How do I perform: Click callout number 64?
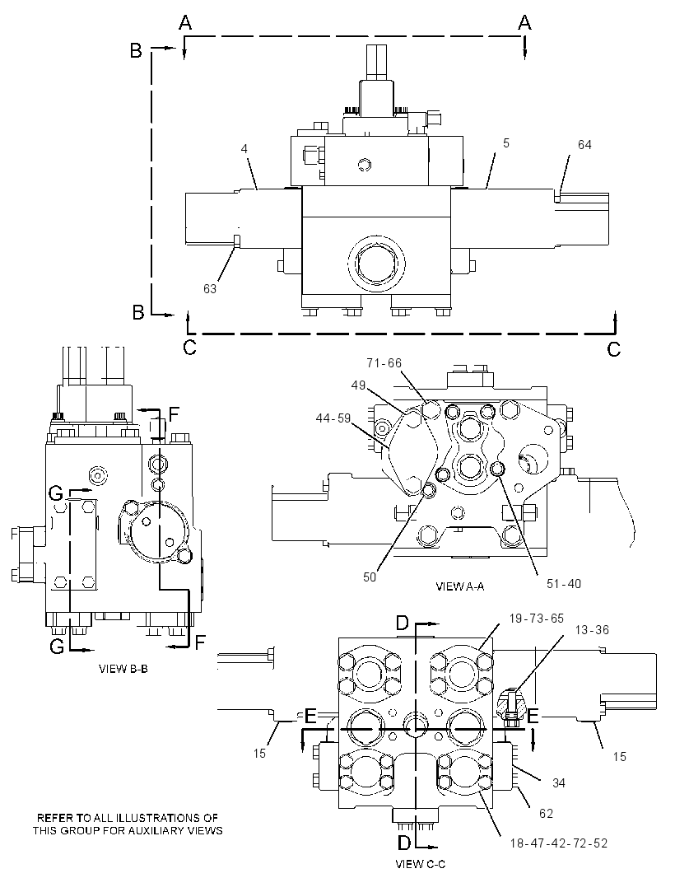[584, 145]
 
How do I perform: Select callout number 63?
[210, 289]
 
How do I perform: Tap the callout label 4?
[244, 149]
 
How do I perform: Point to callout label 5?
[506, 143]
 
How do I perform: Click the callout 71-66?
[384, 363]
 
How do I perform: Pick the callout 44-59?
[333, 418]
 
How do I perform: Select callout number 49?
[358, 385]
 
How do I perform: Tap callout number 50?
[370, 577]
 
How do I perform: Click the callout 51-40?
[564, 584]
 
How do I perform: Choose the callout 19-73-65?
[536, 619]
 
